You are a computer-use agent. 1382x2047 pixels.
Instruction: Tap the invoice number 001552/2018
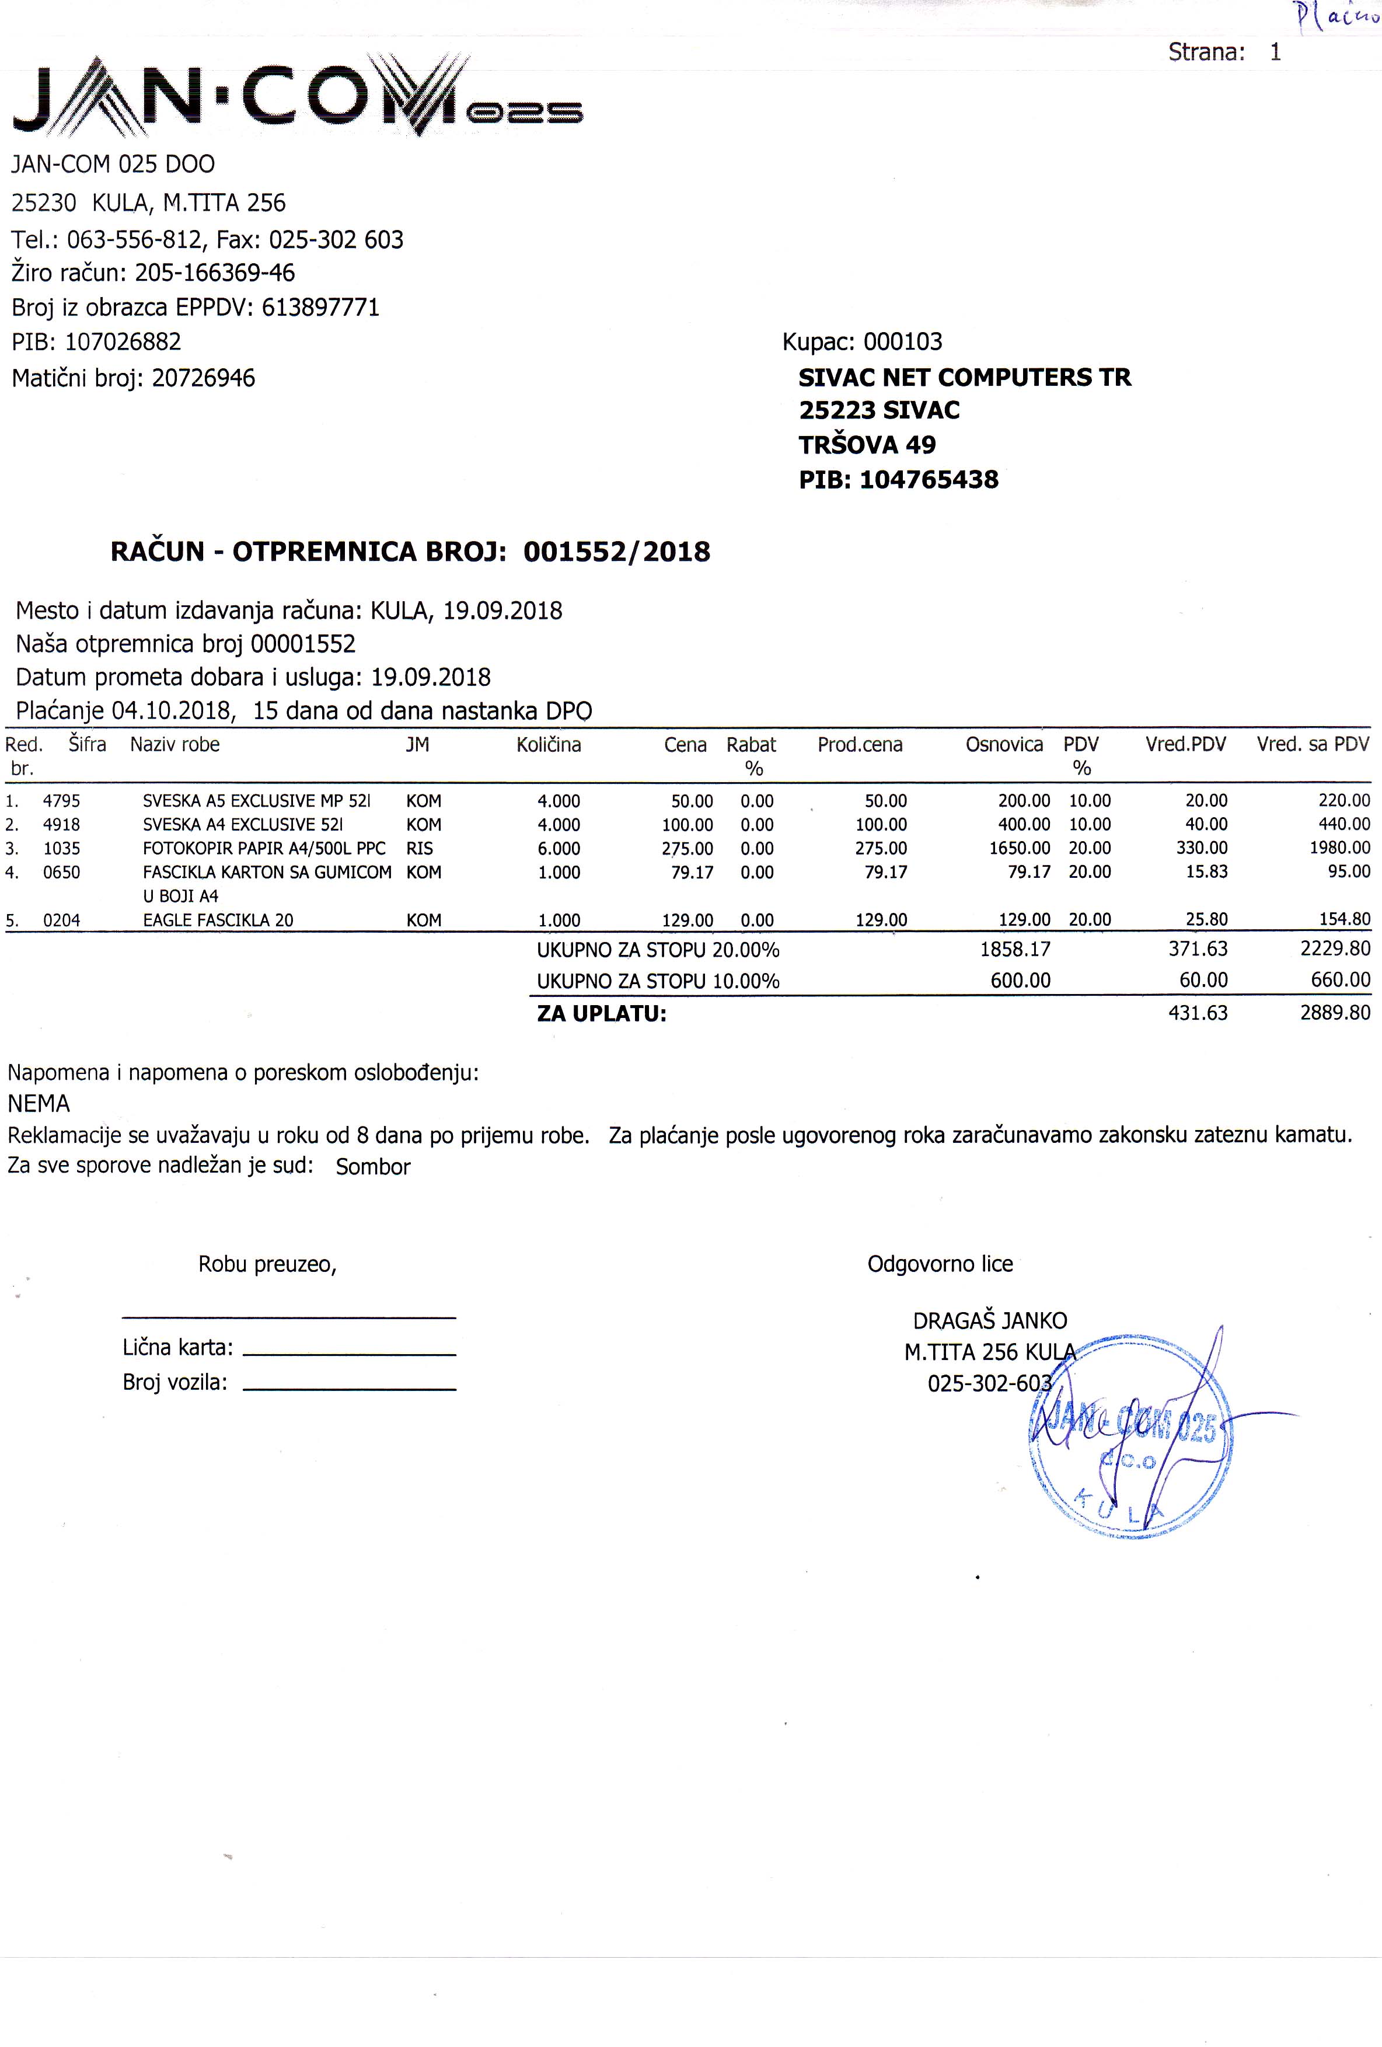(x=616, y=552)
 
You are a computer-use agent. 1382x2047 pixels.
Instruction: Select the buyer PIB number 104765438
(x=929, y=479)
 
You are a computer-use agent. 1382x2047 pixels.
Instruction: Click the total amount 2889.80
(x=1335, y=1013)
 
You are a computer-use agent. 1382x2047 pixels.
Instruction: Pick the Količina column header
(x=548, y=745)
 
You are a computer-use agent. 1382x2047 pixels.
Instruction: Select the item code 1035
(x=62, y=848)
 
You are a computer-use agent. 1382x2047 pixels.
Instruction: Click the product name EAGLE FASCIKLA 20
(x=218, y=919)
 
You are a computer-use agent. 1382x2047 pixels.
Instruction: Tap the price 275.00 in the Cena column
(x=687, y=848)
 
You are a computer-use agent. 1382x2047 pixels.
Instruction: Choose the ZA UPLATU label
(x=602, y=1014)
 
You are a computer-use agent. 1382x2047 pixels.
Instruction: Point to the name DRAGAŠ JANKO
(x=989, y=1320)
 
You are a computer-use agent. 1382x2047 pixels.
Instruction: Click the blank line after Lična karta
(x=349, y=1353)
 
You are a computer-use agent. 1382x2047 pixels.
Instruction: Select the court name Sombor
(x=372, y=1166)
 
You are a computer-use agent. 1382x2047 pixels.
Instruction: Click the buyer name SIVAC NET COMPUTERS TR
(x=965, y=377)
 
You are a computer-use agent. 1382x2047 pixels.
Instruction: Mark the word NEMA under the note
(x=39, y=1104)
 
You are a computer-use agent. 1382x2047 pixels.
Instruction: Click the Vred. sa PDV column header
(x=1313, y=745)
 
